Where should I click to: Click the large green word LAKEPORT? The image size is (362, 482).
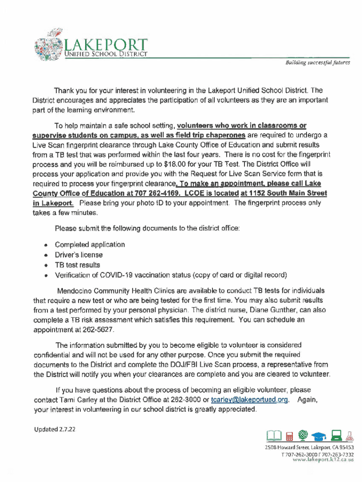tap(106, 45)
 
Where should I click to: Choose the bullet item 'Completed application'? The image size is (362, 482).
tap(90, 244)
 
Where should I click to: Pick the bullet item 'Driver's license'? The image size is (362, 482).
tap(79, 255)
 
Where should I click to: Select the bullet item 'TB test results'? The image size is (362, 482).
tap(77, 265)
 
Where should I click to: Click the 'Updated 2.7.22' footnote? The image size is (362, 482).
tap(55, 429)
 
